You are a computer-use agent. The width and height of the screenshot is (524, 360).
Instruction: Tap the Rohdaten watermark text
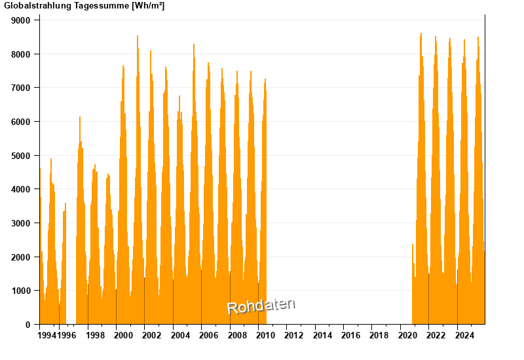(261, 306)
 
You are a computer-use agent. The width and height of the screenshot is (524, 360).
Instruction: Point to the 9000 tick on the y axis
(22, 20)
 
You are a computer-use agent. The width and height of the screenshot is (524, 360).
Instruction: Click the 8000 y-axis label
(22, 54)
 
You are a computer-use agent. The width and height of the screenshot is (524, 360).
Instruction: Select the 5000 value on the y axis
(22, 156)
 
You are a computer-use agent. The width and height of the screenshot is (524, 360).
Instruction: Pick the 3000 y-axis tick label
(22, 223)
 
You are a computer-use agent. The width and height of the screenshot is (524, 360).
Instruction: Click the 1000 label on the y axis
(22, 291)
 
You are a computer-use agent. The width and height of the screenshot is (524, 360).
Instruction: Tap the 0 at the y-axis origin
(28, 325)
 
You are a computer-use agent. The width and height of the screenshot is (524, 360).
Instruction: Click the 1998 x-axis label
(95, 336)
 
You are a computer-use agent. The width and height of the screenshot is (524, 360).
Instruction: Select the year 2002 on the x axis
(152, 336)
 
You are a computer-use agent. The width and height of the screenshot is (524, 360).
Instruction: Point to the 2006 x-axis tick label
(208, 336)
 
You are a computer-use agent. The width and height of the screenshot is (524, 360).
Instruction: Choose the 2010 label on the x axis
(265, 336)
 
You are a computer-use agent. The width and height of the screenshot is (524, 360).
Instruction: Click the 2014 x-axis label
(322, 336)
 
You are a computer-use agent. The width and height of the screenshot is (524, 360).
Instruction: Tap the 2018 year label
(379, 336)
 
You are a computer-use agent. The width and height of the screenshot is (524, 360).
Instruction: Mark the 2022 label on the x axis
(436, 336)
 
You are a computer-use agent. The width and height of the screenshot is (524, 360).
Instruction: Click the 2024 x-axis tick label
(464, 336)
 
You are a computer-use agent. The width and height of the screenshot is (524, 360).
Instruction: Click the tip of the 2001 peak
(138, 36)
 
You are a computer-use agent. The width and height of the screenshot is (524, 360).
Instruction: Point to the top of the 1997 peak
(80, 117)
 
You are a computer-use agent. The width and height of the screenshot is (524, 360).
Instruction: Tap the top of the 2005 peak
(194, 45)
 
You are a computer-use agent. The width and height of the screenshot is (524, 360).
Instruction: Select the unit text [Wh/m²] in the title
(148, 6)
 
